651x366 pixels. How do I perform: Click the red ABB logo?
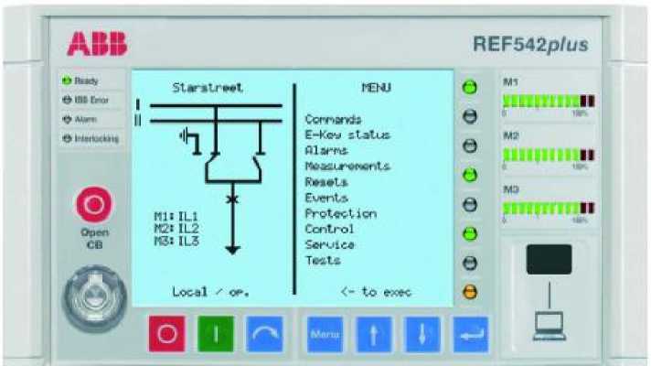(97, 42)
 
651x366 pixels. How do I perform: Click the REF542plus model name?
(530, 44)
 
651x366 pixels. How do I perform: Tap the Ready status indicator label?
(85, 81)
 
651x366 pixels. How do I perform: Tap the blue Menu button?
(325, 335)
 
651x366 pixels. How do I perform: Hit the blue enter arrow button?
(470, 335)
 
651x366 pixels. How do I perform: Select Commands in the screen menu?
(333, 119)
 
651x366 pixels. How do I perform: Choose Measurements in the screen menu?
(347, 166)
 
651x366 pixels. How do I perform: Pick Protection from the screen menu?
(340, 213)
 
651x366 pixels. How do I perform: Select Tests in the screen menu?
(323, 261)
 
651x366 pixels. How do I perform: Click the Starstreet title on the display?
(208, 88)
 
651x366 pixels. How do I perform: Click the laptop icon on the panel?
(549, 321)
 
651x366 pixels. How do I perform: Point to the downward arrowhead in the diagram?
(232, 249)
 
